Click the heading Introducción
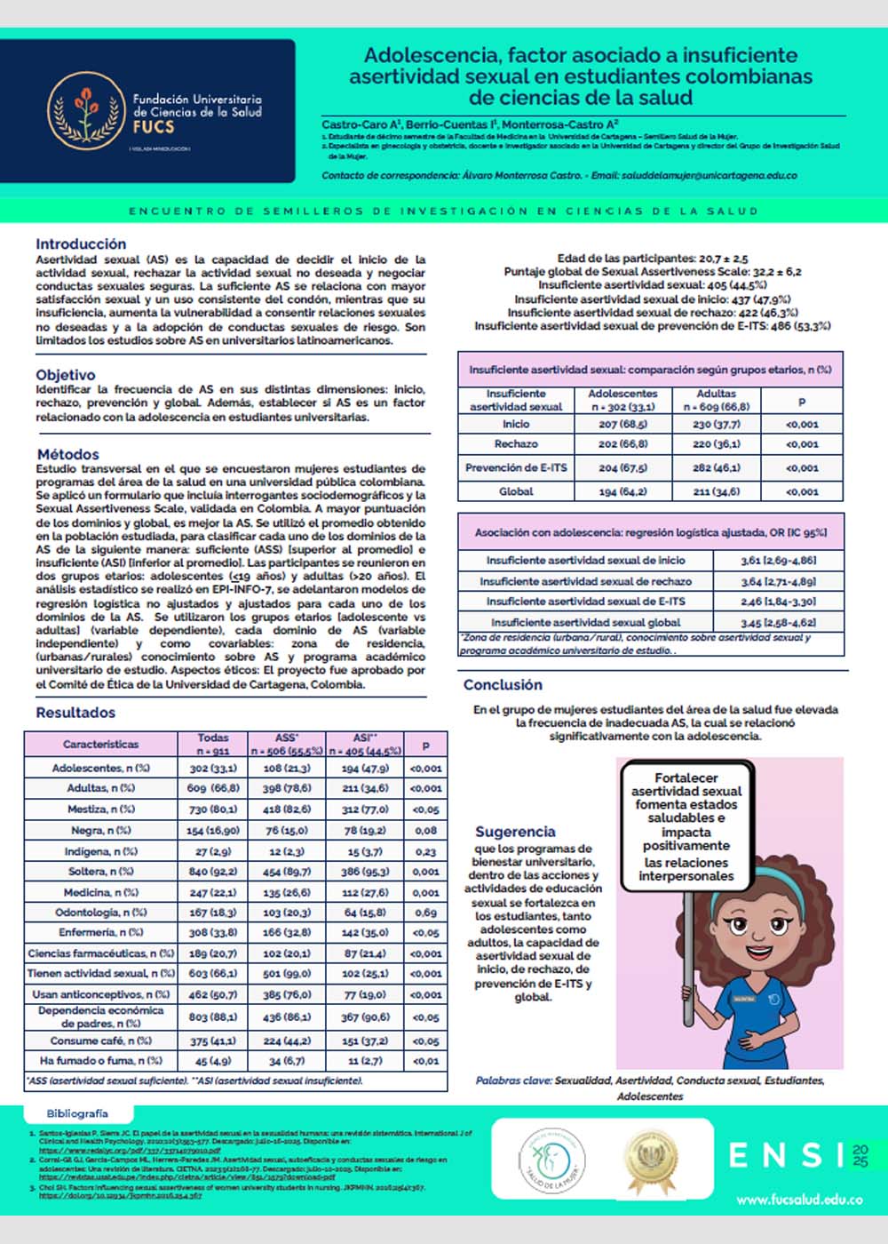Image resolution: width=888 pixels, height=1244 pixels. point(81,243)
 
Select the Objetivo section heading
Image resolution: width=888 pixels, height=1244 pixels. point(66,374)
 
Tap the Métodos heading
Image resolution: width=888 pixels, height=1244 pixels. point(68,454)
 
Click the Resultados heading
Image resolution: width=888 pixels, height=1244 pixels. point(75,712)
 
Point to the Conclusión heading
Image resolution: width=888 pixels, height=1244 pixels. point(503,684)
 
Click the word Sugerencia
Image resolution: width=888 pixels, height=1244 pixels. point(515,832)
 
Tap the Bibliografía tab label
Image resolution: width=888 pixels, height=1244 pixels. point(77,1113)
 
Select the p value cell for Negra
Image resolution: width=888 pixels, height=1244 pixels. point(426,830)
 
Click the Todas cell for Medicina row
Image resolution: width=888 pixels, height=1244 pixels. point(213,892)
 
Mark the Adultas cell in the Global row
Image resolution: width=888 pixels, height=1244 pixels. point(716,491)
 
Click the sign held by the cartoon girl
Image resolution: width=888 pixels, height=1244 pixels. point(686,826)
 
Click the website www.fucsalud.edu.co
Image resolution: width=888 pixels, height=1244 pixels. point(799,1200)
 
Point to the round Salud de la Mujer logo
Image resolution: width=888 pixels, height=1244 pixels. point(551,1160)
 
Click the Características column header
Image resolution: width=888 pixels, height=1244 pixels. point(100,744)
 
